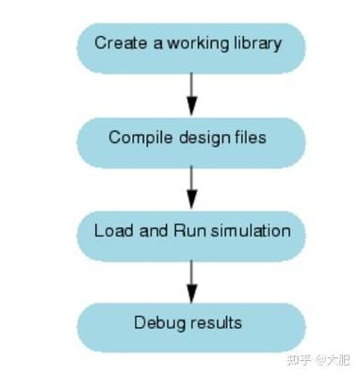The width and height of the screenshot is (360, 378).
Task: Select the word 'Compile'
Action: pos(137,139)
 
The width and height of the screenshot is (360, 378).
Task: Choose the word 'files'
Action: pos(249,138)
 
